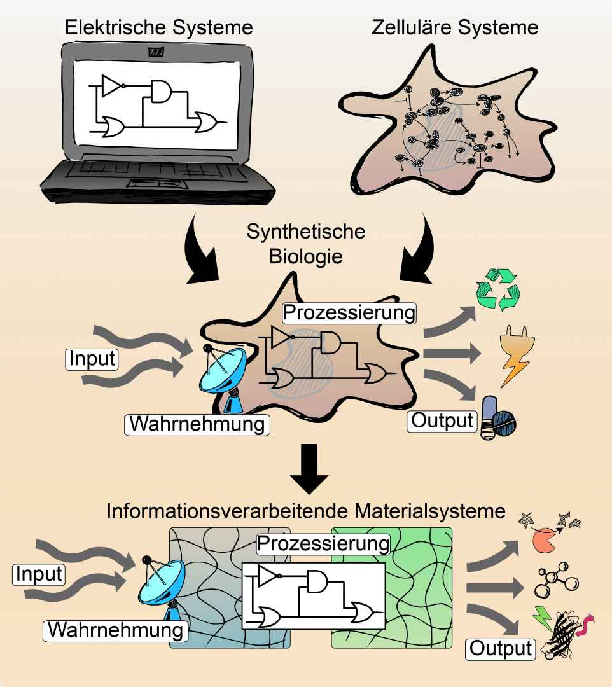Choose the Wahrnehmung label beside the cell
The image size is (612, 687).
[197, 423]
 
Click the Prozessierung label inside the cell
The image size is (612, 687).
[349, 313]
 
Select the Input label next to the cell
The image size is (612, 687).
[92, 359]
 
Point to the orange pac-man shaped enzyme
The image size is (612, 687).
[543, 541]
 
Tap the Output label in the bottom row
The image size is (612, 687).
[500, 649]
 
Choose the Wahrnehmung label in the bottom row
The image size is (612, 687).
[116, 630]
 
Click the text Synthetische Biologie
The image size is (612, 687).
[306, 244]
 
